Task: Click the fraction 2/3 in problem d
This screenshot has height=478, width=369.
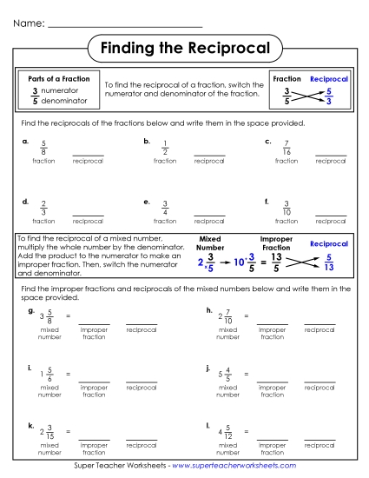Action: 43,208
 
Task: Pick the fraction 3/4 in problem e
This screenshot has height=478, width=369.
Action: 165,208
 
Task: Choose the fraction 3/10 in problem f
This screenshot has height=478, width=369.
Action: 287,208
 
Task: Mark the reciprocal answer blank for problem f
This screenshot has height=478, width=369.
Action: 331,216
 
